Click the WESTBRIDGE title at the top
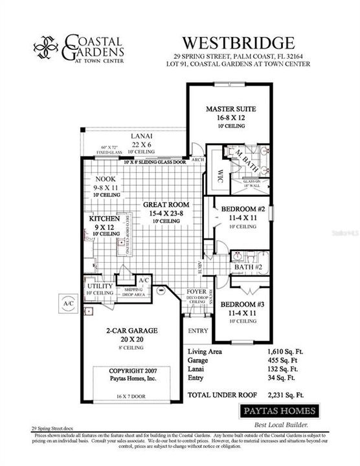point(238,43)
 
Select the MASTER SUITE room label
point(229,109)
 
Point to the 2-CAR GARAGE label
point(132,330)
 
